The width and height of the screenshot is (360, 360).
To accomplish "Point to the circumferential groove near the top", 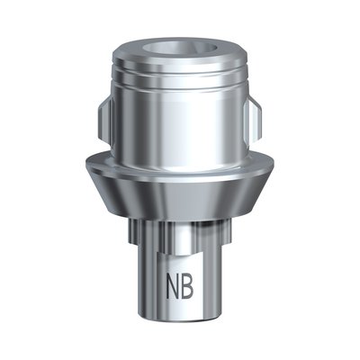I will [181, 86].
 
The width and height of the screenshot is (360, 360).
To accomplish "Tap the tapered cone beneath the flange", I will [181, 202].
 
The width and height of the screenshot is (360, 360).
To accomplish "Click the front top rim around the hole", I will [181, 59].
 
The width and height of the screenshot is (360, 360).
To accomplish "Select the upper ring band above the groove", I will [181, 72].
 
